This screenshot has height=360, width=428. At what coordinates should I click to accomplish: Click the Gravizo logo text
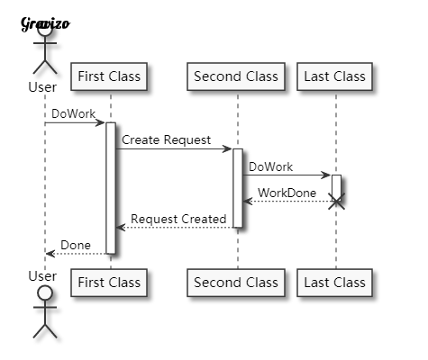pos(44,23)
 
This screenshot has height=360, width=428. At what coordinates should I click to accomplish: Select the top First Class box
pos(109,76)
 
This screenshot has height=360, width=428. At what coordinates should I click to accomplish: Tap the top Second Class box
pos(236,76)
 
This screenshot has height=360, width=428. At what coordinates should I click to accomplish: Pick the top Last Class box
pos(335,76)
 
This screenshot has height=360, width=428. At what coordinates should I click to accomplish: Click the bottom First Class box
pos(109,283)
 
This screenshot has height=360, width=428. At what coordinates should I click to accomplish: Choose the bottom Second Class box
pos(236,283)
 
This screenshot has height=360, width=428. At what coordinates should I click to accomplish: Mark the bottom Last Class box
pos(335,283)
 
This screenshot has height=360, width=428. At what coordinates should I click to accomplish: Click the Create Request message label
pos(166,139)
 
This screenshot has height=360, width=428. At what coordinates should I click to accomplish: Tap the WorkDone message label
pos(287,193)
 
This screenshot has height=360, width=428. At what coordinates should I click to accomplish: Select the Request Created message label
pos(178,219)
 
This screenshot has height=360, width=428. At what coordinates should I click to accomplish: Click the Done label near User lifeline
pos(76,245)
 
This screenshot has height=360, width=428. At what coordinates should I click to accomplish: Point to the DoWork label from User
pos(70,113)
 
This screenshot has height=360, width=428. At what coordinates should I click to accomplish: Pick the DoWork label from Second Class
pos(270,166)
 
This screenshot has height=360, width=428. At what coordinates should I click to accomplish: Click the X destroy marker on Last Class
pos(336,202)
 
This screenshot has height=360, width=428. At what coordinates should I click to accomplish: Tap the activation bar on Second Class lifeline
pos(238,187)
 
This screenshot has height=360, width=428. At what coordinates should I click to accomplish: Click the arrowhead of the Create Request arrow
pos(228,148)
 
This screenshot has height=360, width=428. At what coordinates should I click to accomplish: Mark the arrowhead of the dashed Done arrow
pos(50,254)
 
